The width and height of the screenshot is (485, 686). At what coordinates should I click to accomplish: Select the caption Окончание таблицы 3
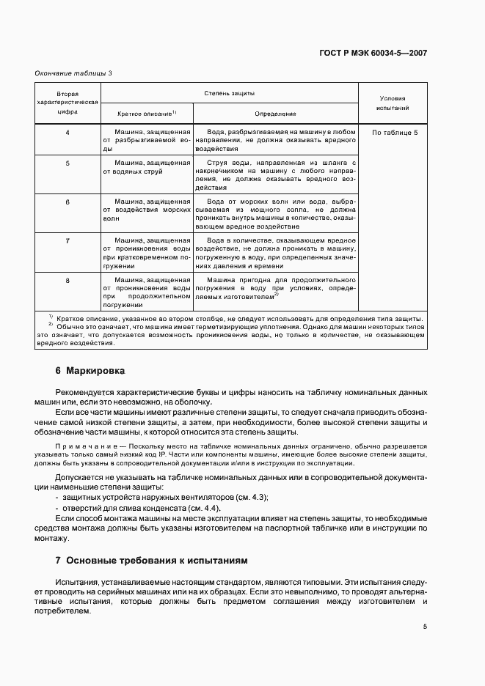pyautogui.click(x=73, y=73)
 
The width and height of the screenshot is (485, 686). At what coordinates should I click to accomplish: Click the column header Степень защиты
pyautogui.click(x=229, y=94)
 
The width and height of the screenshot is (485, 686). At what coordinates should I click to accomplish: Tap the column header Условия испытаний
pyautogui.click(x=391, y=103)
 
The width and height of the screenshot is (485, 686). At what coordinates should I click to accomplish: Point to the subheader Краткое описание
pyautogui.click(x=147, y=114)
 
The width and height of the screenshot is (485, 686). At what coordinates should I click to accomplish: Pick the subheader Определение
pyautogui.click(x=275, y=114)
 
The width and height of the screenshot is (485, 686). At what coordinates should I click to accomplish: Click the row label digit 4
pyautogui.click(x=68, y=132)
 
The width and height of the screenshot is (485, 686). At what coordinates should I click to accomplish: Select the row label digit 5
pyautogui.click(x=68, y=163)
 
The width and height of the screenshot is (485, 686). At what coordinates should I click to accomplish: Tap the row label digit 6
pyautogui.click(x=68, y=201)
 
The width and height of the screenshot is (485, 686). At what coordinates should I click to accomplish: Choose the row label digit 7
pyautogui.click(x=68, y=240)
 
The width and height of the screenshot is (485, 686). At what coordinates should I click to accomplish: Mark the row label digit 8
pyautogui.click(x=68, y=280)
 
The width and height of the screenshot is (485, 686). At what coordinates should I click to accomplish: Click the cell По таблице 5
pyautogui.click(x=395, y=132)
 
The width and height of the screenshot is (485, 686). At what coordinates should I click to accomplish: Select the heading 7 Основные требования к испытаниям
pyautogui.click(x=152, y=560)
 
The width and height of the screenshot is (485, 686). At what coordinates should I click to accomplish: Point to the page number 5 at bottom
pyautogui.click(x=425, y=627)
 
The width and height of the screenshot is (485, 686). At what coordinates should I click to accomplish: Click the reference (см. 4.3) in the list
pyautogui.click(x=250, y=498)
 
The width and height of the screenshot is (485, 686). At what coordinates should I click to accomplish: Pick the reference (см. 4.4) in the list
pyautogui.click(x=203, y=508)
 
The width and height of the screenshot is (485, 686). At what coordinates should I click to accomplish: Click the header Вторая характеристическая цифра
pyautogui.click(x=68, y=103)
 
